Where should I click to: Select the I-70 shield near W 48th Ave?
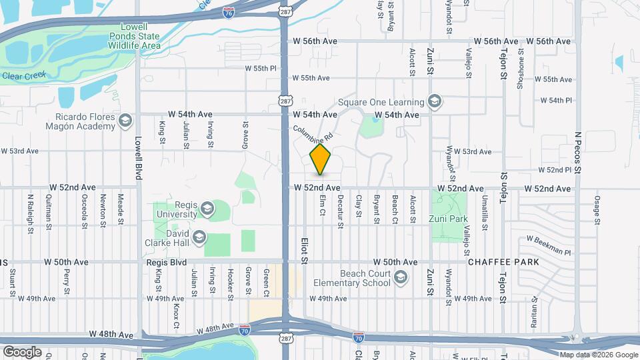pos(245,329)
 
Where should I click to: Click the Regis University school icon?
pos(207,209)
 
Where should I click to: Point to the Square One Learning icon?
pos(435,102)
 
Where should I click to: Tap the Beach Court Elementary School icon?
pos(401,277)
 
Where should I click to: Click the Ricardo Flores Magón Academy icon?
pos(125,121)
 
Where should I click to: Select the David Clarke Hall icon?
pos(199,237)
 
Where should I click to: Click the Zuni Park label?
pos(449,219)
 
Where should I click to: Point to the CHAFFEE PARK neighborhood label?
pos(503,262)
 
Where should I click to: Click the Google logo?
pos(22,351)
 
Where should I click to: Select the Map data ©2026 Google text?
pos(598,355)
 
